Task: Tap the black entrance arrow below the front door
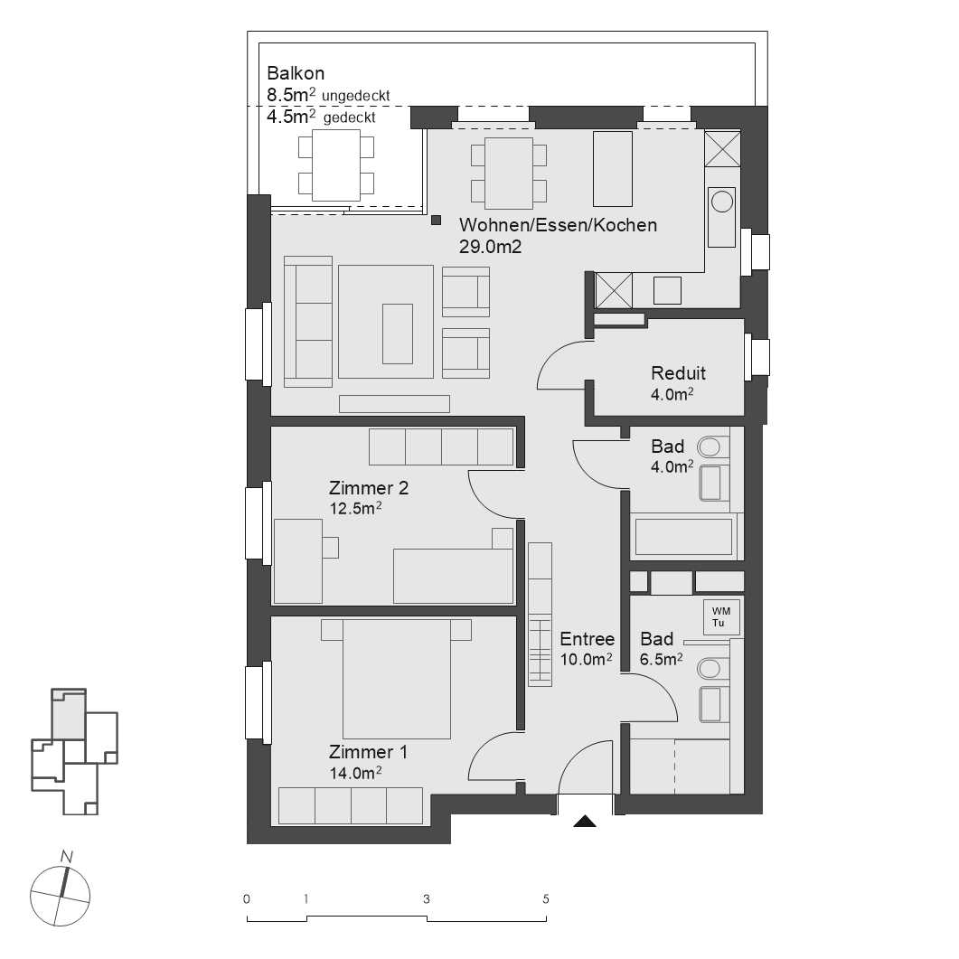click(586, 822)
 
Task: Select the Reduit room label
click(678, 372)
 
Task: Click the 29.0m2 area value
click(491, 246)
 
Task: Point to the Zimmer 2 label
click(369, 488)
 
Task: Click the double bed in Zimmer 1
click(396, 678)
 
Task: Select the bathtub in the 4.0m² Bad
click(683, 536)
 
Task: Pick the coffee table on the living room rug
click(397, 333)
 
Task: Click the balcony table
click(335, 165)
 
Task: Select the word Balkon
click(296, 73)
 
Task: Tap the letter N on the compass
click(66, 855)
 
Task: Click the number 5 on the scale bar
click(545, 899)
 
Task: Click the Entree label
click(587, 640)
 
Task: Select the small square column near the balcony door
click(436, 219)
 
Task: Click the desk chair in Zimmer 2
click(330, 547)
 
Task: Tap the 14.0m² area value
click(354, 773)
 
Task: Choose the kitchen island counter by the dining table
click(612, 168)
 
